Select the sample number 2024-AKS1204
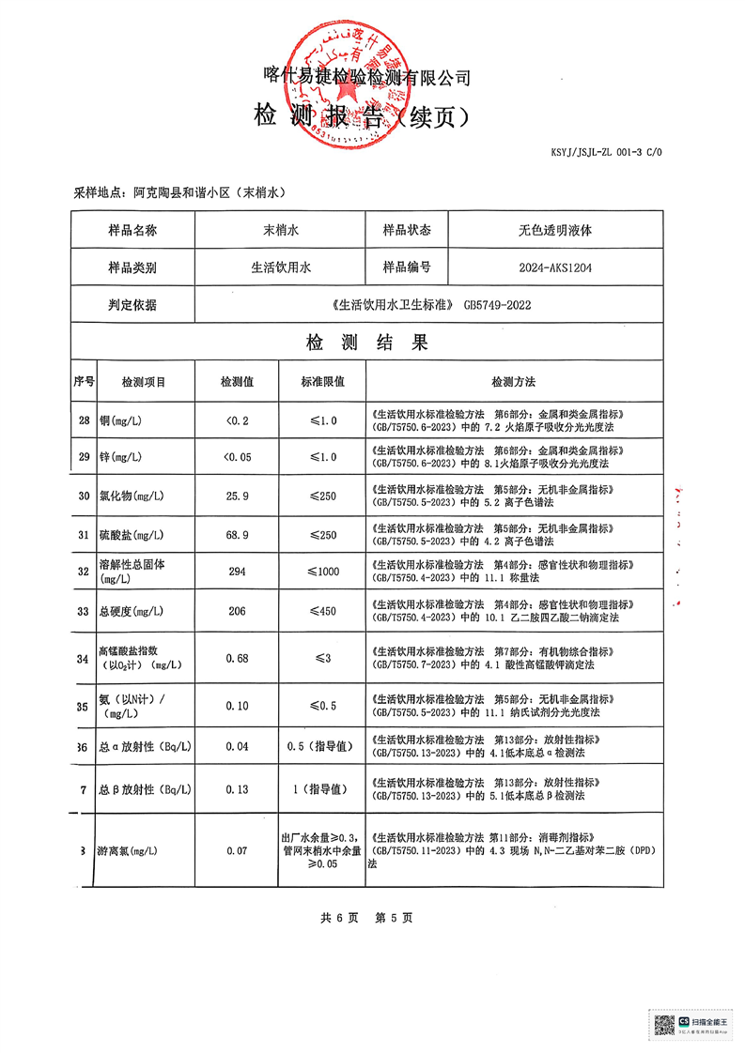pos(555,267)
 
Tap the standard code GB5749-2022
pos(504,305)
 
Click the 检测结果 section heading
pos(366,343)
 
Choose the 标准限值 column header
pos(322,382)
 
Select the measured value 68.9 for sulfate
pos(236,534)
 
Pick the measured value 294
pos(236,572)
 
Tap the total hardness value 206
pos(236,611)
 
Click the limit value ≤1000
pos(322,572)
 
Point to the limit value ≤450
pos(322,611)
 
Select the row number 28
pos(85,420)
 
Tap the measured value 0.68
pos(236,658)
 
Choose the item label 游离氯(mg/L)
pos(126,850)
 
